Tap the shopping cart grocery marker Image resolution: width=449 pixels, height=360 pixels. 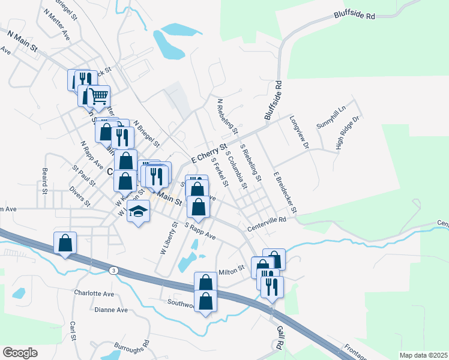tap(98, 95)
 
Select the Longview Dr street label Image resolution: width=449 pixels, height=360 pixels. tap(299, 132)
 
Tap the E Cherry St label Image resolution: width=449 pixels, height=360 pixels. tap(209, 153)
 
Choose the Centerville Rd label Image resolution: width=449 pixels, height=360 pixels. tap(267, 225)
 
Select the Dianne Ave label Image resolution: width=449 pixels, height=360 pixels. tap(111, 310)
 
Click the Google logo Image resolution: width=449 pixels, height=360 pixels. tap(20, 352)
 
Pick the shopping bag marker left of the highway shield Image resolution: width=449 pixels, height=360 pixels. tap(65, 243)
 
